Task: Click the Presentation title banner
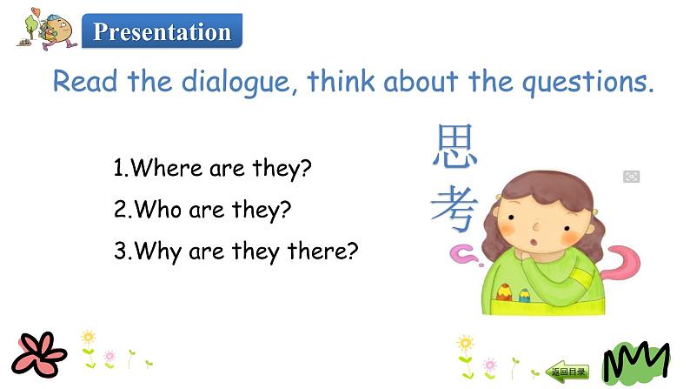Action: (x=162, y=32)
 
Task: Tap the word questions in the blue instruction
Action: (x=574, y=83)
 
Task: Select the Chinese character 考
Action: (x=454, y=209)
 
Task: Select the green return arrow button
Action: (x=567, y=371)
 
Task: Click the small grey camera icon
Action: (x=632, y=177)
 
